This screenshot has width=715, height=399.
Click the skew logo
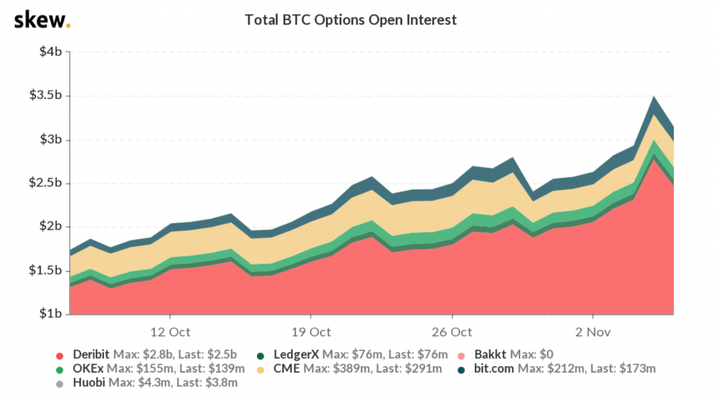coord(42,20)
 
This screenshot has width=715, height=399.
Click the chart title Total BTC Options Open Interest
coord(351,20)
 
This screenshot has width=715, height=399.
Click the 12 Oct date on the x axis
coord(170,331)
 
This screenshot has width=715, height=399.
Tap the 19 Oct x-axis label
coord(311,331)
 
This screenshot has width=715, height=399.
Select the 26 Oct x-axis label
coord(452,331)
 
